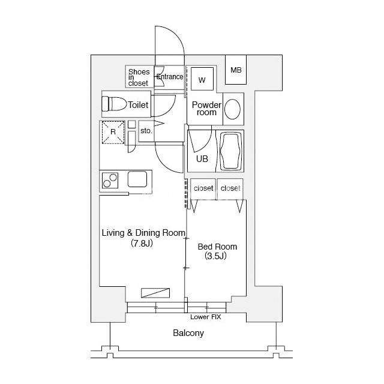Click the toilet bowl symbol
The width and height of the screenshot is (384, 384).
coord(114,104)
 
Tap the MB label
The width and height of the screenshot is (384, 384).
coord(236,70)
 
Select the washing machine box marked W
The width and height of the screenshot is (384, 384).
coord(202,79)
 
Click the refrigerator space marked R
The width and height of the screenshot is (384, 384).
coord(113,132)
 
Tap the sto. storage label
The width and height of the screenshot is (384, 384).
coord(146,131)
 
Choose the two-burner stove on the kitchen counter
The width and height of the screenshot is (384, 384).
coord(110,180)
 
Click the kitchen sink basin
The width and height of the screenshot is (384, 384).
coord(137,179)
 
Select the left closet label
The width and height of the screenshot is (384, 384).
coord(203,188)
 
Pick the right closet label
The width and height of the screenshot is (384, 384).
coord(230,188)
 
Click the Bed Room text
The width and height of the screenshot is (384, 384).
coord(217,247)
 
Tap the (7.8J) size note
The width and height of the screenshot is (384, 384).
coord(142,243)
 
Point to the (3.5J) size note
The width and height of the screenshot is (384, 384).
coord(215,256)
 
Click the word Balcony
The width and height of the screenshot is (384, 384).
coord(188,333)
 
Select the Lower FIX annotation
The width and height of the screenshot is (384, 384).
coord(206,317)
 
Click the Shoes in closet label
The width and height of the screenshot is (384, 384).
coord(139,77)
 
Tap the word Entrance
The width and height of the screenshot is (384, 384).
coord(170,77)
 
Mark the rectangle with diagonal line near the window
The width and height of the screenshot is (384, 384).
coord(155,293)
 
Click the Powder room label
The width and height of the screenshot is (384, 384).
coord(206,109)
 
